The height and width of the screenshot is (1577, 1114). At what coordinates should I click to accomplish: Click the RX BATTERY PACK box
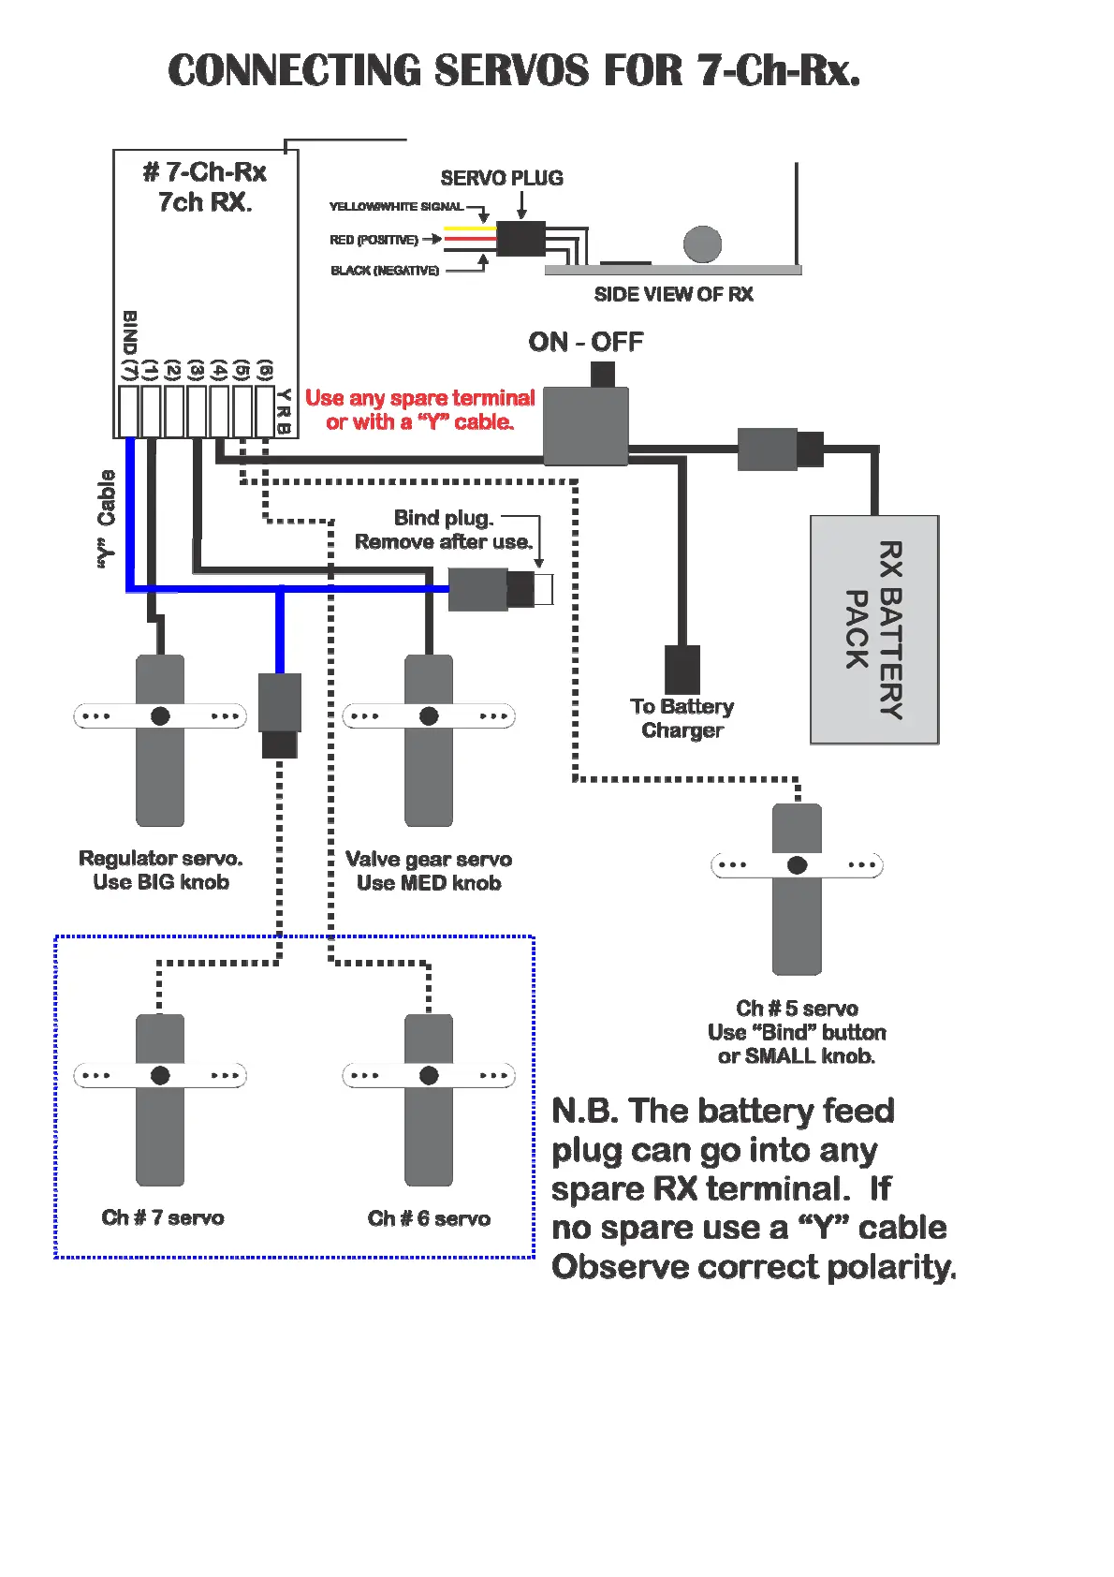click(x=873, y=629)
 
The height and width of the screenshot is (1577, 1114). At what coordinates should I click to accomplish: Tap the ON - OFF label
click(x=585, y=342)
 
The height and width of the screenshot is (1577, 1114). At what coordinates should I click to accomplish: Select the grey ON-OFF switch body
click(x=585, y=426)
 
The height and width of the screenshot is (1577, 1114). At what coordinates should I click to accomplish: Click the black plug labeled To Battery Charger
click(x=682, y=669)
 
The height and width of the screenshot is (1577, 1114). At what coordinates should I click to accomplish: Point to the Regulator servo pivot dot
click(x=160, y=716)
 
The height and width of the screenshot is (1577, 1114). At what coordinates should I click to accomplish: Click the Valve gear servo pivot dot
click(x=429, y=716)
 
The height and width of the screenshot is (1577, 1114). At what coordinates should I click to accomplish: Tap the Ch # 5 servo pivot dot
click(x=797, y=865)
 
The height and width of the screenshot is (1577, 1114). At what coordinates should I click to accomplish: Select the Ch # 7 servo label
click(x=163, y=1217)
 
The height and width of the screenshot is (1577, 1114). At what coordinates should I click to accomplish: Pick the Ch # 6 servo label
click(x=429, y=1218)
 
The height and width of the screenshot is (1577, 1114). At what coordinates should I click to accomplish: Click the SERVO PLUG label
click(x=502, y=178)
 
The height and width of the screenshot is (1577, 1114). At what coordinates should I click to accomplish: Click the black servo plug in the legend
click(x=520, y=239)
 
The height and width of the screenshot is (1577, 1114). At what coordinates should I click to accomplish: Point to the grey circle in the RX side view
click(x=702, y=244)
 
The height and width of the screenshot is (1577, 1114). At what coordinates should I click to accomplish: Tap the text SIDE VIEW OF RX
click(x=673, y=294)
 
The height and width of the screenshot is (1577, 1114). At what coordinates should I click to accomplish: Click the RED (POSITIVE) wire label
click(x=374, y=240)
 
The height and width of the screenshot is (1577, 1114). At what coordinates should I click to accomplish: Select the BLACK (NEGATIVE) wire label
click(x=385, y=271)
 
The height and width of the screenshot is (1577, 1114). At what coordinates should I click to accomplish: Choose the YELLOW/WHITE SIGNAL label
click(x=396, y=206)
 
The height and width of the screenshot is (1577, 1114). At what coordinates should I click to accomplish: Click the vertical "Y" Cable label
click(x=106, y=519)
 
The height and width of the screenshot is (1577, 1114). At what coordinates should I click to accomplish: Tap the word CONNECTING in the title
click(x=294, y=71)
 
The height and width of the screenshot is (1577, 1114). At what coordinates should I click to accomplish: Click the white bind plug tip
click(x=544, y=589)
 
